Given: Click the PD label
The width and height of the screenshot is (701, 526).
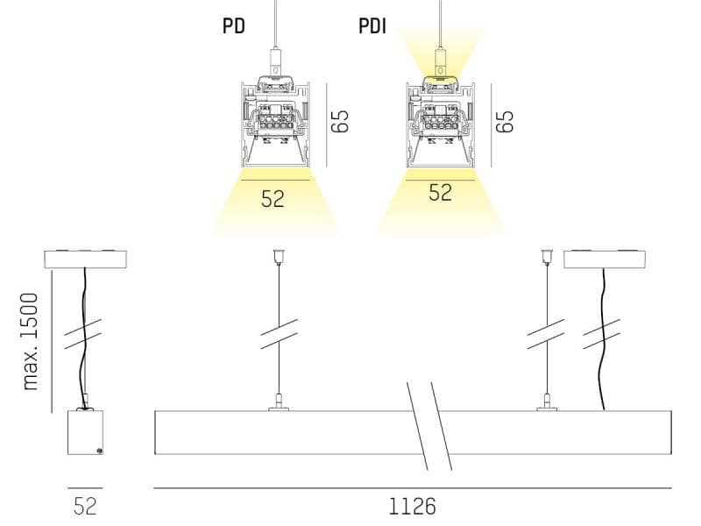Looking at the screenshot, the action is click(234, 25).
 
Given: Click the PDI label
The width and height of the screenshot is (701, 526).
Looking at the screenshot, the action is click(372, 26).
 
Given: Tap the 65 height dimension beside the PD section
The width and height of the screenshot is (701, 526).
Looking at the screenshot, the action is click(340, 121).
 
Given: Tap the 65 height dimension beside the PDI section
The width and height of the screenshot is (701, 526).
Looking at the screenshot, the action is click(505, 121).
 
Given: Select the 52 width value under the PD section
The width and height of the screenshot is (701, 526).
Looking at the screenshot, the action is click(273, 199).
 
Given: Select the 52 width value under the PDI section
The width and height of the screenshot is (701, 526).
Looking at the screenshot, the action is click(441, 192).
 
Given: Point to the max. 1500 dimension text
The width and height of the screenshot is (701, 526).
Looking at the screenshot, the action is click(31, 342).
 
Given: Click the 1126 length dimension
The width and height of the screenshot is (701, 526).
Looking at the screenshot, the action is click(412, 507).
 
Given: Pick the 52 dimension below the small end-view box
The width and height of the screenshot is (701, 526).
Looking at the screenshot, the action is click(85, 507).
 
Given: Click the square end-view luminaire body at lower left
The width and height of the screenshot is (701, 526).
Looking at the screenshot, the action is click(85, 432).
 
